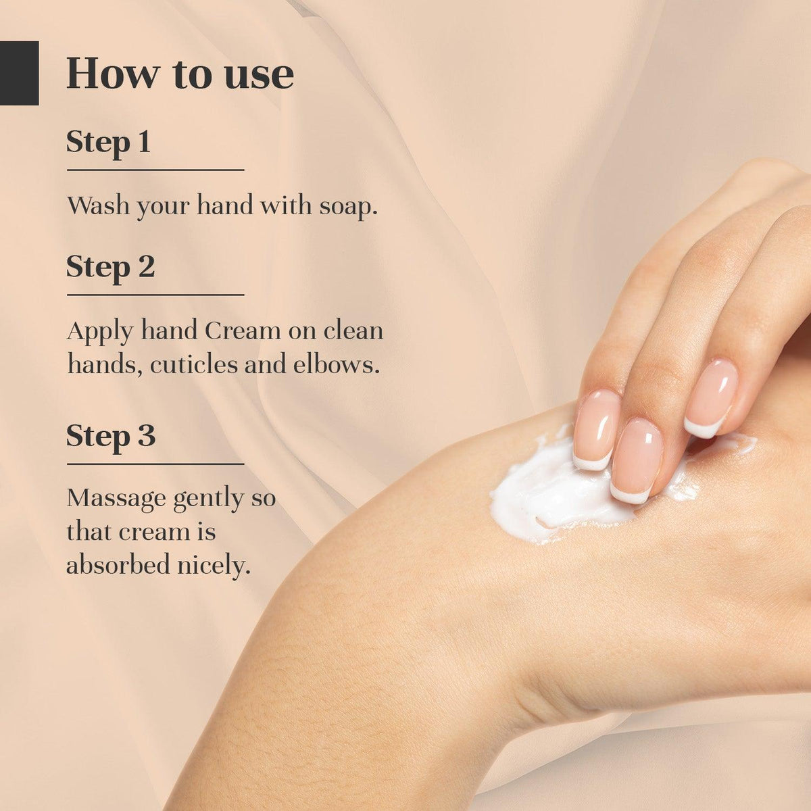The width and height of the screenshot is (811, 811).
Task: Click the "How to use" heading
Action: [180, 74]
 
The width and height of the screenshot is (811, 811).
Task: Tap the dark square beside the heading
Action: [19, 73]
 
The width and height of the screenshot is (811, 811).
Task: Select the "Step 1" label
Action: [108, 142]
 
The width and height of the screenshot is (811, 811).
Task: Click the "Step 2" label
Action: [110, 266]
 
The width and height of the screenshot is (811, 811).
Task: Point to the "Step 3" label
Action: [111, 436]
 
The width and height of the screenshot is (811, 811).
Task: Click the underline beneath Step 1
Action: [155, 170]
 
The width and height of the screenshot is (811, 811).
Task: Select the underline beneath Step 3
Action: [155, 464]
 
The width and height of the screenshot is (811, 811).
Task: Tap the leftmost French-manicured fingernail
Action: [595, 430]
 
